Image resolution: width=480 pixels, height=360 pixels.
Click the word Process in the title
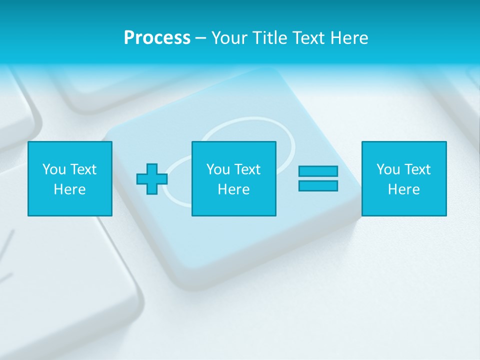click(157, 38)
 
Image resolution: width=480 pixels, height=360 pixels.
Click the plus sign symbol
click(152, 179)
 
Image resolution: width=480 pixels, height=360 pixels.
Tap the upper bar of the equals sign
click(318, 171)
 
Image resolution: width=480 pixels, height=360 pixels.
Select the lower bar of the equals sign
click(318, 186)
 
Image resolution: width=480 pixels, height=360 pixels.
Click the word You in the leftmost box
click(54, 169)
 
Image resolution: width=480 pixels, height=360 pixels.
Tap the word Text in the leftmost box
click(83, 169)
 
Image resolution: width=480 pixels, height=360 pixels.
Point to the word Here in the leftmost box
click(70, 189)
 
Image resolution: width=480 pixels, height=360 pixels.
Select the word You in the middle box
click(218, 169)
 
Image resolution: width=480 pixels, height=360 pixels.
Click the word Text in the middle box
click(247, 169)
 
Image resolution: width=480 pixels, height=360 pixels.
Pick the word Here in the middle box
click(234, 189)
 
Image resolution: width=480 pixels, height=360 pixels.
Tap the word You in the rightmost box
click(388, 169)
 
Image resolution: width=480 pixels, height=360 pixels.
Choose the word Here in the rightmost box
click(404, 189)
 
